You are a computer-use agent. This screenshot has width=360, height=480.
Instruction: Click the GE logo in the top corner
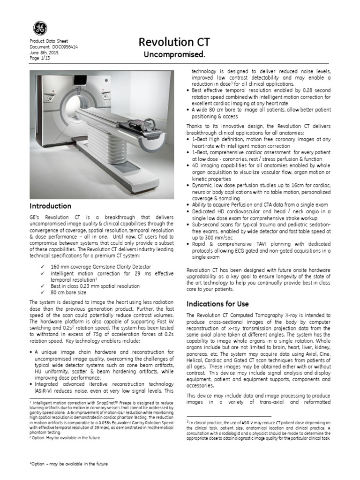[x=40, y=29]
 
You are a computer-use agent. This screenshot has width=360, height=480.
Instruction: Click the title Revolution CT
[x=174, y=43]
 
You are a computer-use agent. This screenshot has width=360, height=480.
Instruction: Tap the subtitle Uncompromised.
[x=174, y=55]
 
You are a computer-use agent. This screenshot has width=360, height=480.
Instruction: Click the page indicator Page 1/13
[x=40, y=58]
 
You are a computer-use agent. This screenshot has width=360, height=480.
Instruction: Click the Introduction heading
[x=51, y=206]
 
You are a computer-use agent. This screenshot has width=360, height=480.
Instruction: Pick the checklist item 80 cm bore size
[x=69, y=292]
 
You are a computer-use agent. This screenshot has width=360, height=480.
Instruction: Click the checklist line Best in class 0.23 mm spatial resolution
[x=95, y=286]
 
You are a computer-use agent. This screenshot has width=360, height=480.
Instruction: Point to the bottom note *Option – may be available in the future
[x=68, y=464]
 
